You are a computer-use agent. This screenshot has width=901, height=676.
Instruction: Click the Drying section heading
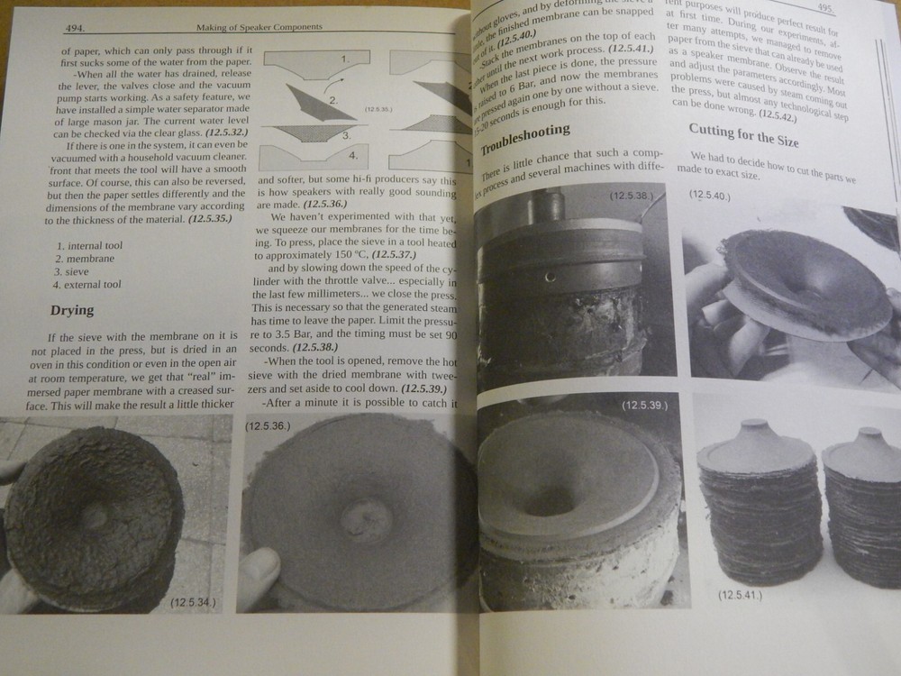(71, 311)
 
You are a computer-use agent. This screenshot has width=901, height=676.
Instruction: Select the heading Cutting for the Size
(743, 136)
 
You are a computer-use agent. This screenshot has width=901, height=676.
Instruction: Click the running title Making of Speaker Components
(259, 28)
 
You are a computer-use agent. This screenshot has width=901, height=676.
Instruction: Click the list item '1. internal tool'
(88, 245)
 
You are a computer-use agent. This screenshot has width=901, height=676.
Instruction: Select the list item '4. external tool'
(88, 285)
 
